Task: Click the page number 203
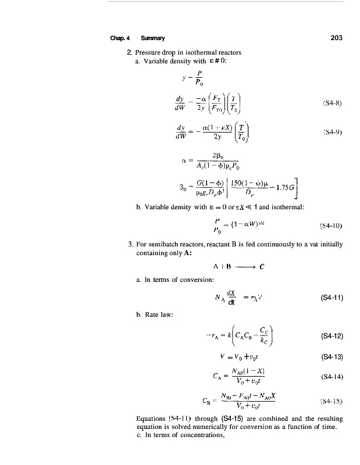tap(336, 38)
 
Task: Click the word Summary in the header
tap(153, 39)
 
